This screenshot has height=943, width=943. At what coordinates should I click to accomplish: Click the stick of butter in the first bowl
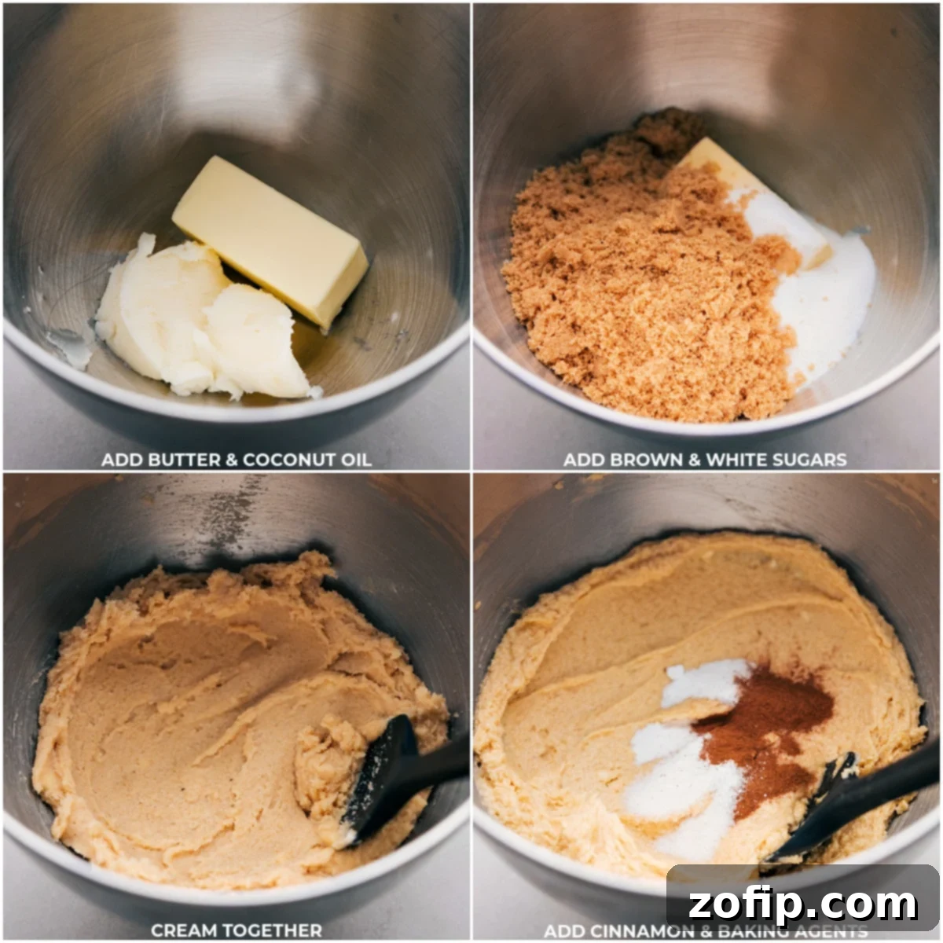pyautogui.click(x=270, y=239)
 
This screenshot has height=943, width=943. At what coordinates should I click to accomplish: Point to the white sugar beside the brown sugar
pyautogui.click(x=825, y=299)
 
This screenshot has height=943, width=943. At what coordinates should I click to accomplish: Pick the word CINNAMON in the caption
pyautogui.click(x=629, y=931)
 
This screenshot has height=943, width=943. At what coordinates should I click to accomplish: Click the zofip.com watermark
pyautogui.click(x=802, y=904)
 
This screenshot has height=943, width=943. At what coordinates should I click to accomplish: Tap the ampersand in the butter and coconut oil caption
pyautogui.click(x=232, y=460)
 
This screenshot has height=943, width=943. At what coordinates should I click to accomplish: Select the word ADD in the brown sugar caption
pyautogui.click(x=582, y=460)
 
